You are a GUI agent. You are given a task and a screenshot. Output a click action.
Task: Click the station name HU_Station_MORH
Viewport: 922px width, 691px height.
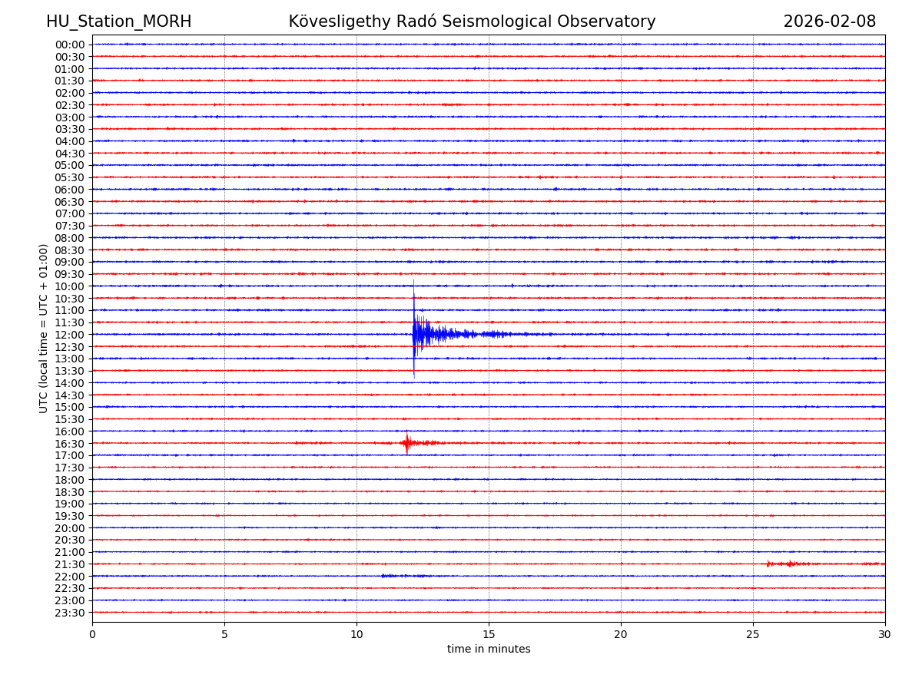pyautogui.click(x=118, y=21)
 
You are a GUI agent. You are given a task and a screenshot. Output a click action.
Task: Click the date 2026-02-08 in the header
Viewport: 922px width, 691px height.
pyautogui.click(x=829, y=21)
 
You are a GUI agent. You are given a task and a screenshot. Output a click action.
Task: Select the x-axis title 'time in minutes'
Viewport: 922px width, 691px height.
pyautogui.click(x=489, y=650)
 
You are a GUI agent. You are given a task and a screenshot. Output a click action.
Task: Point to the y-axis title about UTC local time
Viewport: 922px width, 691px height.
pyautogui.click(x=44, y=328)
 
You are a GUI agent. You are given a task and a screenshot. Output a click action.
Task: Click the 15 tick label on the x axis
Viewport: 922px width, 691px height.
pyautogui.click(x=489, y=635)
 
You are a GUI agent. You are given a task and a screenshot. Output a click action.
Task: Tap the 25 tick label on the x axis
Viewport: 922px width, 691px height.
pyautogui.click(x=753, y=635)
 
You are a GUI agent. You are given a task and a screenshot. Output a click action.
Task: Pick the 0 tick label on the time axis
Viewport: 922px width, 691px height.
pyautogui.click(x=92, y=635)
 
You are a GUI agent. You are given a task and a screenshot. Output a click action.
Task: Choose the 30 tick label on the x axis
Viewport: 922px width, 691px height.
pyautogui.click(x=884, y=635)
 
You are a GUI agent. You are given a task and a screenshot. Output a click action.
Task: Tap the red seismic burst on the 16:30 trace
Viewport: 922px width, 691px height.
pyautogui.click(x=407, y=443)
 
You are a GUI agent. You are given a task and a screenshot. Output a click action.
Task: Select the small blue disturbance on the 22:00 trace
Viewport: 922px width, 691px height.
pyautogui.click(x=400, y=576)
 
